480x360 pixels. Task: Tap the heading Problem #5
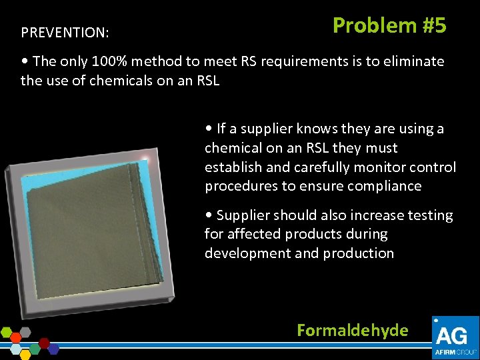click(x=389, y=25)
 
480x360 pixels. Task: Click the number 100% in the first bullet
click(x=89, y=61)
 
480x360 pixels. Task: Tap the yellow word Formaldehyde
click(x=352, y=330)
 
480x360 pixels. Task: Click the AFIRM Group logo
click(x=455, y=337)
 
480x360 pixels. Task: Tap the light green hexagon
click(x=7, y=332)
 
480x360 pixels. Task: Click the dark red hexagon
click(x=45, y=343)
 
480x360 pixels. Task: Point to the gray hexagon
click(x=25, y=331)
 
